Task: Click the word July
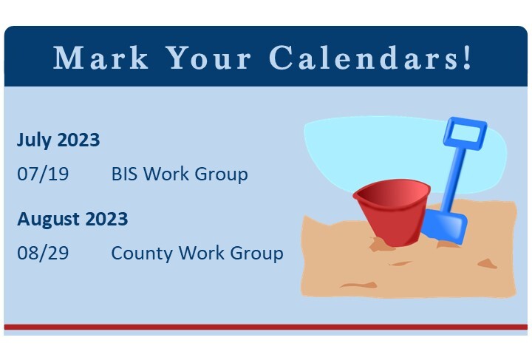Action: [35, 140]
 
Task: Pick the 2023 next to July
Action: [78, 140]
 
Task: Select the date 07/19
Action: [43, 174]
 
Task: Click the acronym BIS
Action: [125, 174]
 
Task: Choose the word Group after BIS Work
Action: [221, 174]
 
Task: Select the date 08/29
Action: [43, 253]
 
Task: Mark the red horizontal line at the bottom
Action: [266, 326]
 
